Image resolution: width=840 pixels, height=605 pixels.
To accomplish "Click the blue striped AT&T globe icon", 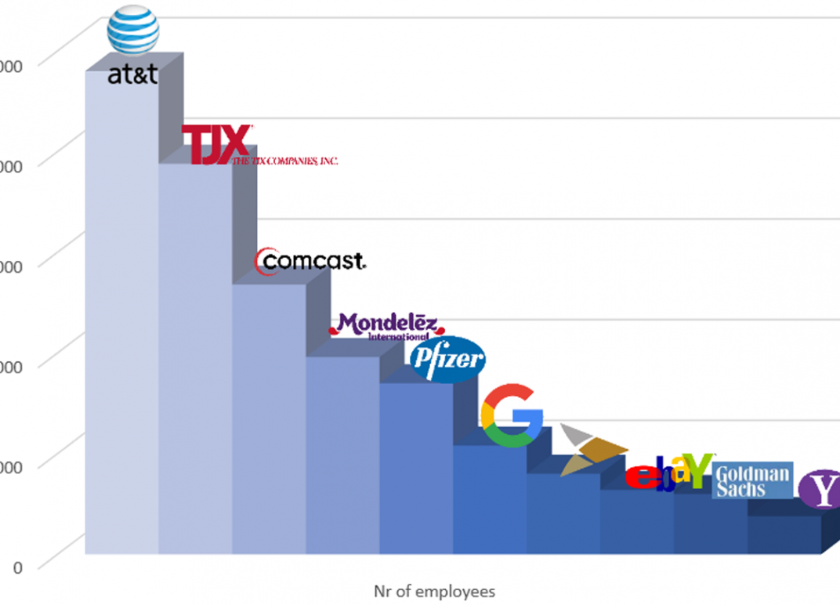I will (133, 31).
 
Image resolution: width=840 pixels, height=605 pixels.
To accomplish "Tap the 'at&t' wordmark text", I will (133, 75).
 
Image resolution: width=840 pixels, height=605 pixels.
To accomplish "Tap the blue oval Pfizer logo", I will (447, 360).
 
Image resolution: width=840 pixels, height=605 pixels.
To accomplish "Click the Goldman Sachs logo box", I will (752, 480).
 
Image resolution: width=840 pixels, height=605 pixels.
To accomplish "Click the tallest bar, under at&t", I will (121, 313).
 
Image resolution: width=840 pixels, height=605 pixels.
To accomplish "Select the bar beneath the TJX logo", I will (195, 360).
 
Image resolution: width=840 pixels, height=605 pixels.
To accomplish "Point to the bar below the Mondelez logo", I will (342, 455).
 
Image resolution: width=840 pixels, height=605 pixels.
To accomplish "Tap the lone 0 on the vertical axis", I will (18, 567).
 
